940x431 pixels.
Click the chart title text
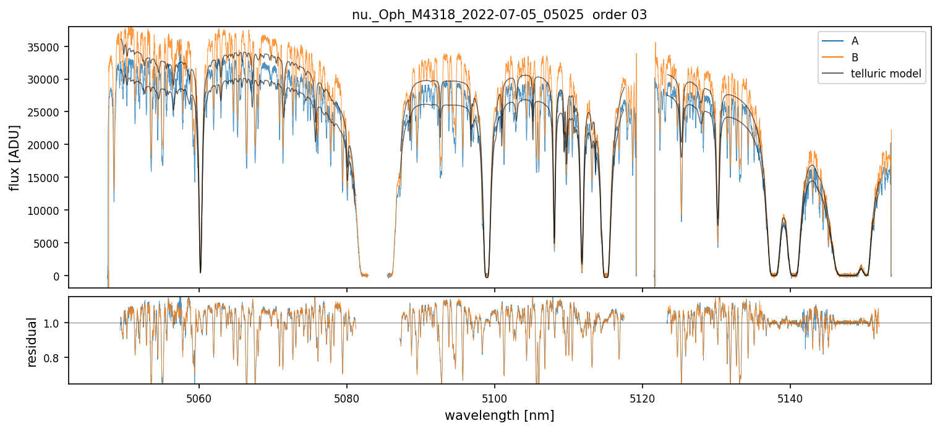[x=499, y=15]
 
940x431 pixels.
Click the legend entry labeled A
[x=855, y=41]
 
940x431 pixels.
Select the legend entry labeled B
[x=855, y=58]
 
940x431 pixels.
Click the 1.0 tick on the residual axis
[x=54, y=323]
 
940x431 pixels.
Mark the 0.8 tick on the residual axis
[x=54, y=358]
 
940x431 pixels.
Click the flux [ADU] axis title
[x=15, y=157]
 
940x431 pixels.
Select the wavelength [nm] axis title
[x=499, y=415]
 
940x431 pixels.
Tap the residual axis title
[x=33, y=341]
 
